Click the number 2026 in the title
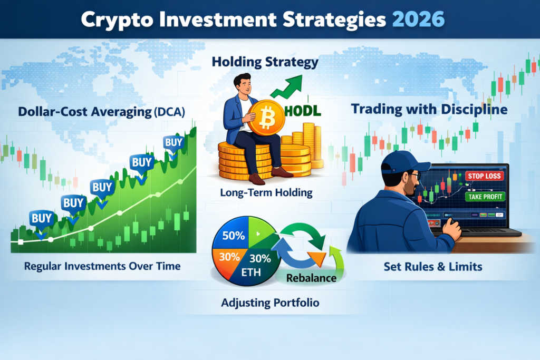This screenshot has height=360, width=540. click(418, 20)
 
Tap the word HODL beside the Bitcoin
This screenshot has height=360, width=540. click(303, 111)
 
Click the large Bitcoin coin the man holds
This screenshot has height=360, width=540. click(266, 118)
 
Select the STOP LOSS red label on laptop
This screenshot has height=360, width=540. click(484, 176)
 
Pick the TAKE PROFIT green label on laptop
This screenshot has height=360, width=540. click(485, 197)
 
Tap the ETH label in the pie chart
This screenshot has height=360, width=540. click(251, 273)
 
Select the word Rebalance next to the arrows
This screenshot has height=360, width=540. click(311, 278)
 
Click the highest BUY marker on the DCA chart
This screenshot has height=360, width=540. click(173, 144)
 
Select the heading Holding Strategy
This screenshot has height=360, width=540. click(265, 62)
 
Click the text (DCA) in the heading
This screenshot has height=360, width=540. click(169, 112)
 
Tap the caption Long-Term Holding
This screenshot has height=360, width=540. click(266, 193)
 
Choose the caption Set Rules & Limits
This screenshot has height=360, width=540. click(433, 267)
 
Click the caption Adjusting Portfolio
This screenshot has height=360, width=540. click(270, 303)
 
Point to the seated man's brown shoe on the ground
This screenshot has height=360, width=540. click(257, 179)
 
